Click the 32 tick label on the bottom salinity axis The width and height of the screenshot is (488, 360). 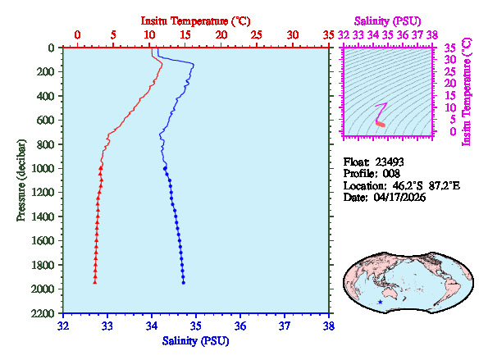[64, 326]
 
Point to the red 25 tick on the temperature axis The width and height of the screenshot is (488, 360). [257, 35]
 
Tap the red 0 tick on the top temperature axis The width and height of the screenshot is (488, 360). [77, 35]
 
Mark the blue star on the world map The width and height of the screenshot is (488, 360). [380, 303]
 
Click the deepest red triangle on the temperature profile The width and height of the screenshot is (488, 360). [95, 282]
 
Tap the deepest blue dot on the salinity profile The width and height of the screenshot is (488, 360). [183, 282]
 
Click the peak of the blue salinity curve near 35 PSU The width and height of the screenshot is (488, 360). [194, 64]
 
